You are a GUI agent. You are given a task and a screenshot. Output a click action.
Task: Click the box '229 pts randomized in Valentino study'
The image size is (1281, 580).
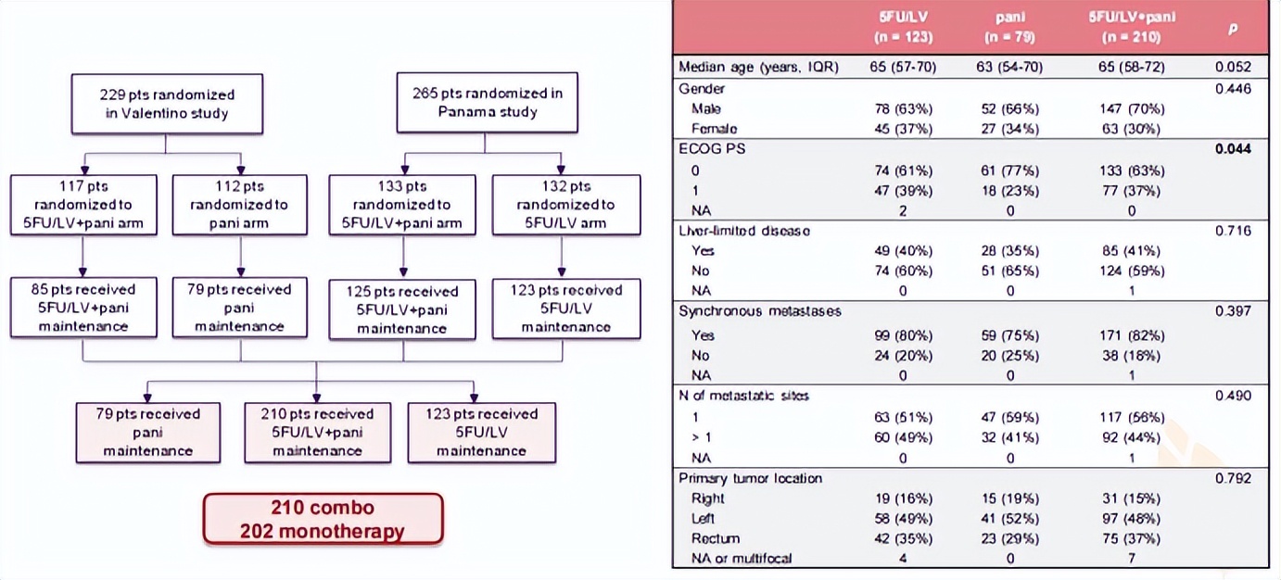click(x=167, y=103)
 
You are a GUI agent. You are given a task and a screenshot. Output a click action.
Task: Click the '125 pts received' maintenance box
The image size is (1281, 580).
click(x=403, y=309)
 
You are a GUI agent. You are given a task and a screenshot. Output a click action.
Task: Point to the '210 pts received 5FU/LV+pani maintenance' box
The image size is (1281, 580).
click(x=317, y=432)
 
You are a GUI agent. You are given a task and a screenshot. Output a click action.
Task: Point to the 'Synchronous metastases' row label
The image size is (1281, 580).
click(x=760, y=311)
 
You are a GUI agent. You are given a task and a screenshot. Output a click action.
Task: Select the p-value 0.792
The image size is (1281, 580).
click(x=1234, y=478)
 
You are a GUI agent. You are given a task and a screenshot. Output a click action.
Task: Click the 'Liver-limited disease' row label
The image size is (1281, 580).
click(x=744, y=231)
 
